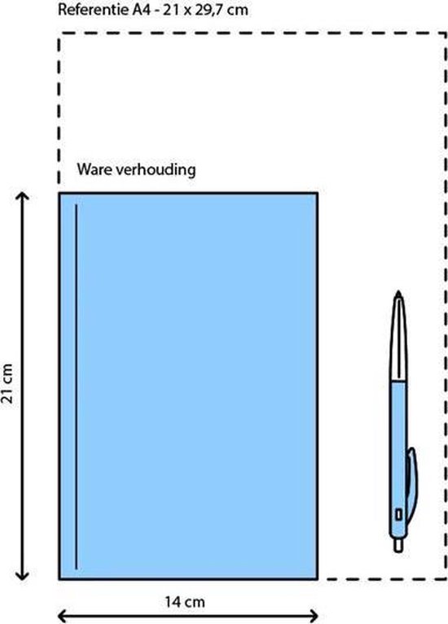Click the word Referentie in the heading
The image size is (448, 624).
tap(94, 10)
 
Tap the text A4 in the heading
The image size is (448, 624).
tap(141, 10)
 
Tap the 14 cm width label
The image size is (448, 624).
tap(185, 602)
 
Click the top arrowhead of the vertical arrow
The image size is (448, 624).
tap(22, 197)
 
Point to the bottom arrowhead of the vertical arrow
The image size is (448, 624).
tap(22, 575)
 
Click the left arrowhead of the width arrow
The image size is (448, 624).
tap(63, 616)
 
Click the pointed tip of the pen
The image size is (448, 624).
tap(398, 292)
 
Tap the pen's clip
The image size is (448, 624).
tap(411, 482)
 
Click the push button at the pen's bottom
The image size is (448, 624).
tap(398, 545)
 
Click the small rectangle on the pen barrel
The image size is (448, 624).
tap(398, 514)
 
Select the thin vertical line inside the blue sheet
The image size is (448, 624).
tap(76, 386)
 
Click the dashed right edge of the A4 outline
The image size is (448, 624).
tap(446, 306)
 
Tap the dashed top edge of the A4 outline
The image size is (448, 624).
tap(253, 34)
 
